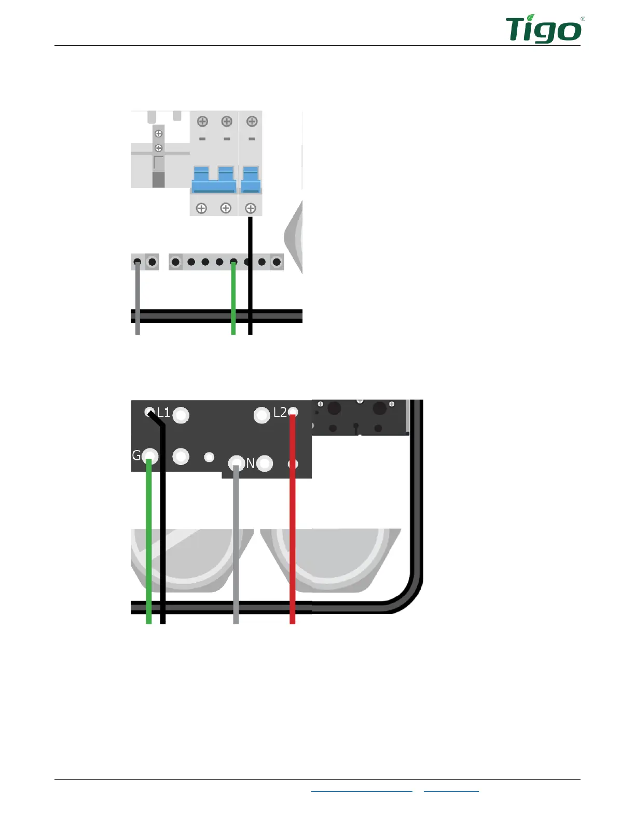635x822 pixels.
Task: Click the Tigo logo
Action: [544, 30]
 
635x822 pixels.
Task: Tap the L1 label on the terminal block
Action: [164, 413]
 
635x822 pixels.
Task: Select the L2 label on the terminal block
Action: [280, 413]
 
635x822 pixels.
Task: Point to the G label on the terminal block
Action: [136, 456]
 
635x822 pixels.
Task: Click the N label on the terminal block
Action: [251, 463]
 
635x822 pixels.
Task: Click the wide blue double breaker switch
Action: [214, 180]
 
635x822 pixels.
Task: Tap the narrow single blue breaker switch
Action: [251, 180]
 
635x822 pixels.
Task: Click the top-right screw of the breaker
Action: [252, 121]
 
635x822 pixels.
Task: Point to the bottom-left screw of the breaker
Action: [201, 208]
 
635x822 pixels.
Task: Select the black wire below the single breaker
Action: [250, 239]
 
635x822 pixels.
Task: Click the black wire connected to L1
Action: [163, 519]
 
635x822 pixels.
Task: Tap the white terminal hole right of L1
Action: [181, 415]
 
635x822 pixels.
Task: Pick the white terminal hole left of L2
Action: [262, 415]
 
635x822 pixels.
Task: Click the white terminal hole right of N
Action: [265, 463]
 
